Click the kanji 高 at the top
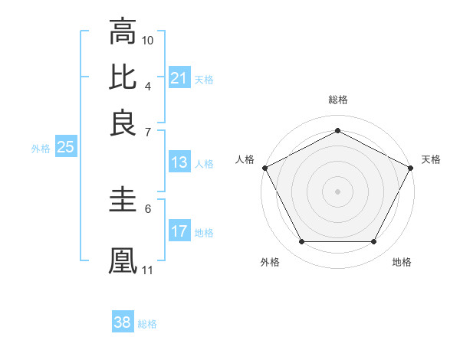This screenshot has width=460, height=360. [123, 31]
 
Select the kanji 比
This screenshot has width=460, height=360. [123, 77]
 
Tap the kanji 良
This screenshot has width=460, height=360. [123, 122]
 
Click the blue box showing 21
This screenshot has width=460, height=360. [179, 78]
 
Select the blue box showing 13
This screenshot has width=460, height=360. [179, 162]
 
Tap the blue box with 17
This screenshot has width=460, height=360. [179, 231]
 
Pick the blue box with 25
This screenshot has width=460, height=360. [65, 147]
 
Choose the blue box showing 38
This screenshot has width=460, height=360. [123, 322]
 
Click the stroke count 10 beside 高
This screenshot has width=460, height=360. [148, 39]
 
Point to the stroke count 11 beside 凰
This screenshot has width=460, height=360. [148, 270]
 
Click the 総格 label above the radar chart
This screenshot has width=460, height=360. [337, 100]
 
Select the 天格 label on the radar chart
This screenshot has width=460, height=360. [431, 159]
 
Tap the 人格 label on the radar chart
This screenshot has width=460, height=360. [245, 159]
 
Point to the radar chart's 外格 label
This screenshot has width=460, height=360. [270, 262]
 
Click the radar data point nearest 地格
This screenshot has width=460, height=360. [374, 242]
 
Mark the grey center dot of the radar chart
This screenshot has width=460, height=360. [337, 191]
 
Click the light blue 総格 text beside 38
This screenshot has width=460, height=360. [147, 324]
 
